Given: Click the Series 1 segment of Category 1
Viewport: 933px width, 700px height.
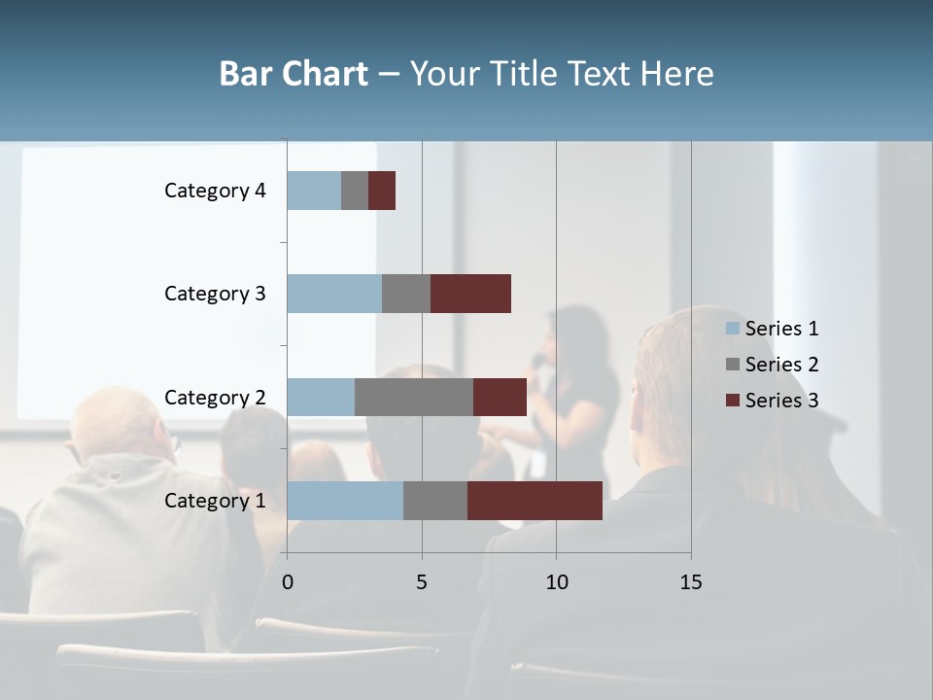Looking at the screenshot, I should (345, 500).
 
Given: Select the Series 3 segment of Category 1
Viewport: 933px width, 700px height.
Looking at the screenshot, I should (535, 500).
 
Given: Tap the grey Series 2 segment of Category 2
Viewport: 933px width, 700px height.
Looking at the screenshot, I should (414, 397).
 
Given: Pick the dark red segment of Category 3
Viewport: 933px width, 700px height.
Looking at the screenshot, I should (470, 293).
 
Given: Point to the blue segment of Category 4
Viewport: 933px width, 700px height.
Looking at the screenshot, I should (314, 190).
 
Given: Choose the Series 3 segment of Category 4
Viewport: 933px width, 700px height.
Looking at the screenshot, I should (382, 190).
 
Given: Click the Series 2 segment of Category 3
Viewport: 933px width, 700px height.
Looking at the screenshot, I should (406, 293).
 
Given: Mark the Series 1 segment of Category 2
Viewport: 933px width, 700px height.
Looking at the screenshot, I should (321, 397).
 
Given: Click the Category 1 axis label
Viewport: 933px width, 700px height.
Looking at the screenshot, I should (215, 501).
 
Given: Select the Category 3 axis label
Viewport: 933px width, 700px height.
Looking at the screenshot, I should (215, 294).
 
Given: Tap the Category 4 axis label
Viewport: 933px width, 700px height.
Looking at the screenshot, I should (215, 191).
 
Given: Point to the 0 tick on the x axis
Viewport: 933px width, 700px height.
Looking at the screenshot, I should (288, 582).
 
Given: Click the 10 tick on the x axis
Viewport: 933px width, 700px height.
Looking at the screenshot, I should (556, 582).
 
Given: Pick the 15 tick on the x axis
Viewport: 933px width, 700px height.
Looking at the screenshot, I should (691, 582).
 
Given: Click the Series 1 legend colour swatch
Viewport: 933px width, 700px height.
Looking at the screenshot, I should (733, 329).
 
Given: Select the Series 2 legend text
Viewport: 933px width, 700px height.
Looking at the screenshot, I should (781, 365).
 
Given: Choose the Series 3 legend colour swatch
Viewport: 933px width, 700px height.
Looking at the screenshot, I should (733, 401).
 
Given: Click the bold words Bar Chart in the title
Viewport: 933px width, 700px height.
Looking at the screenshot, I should (294, 74).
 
